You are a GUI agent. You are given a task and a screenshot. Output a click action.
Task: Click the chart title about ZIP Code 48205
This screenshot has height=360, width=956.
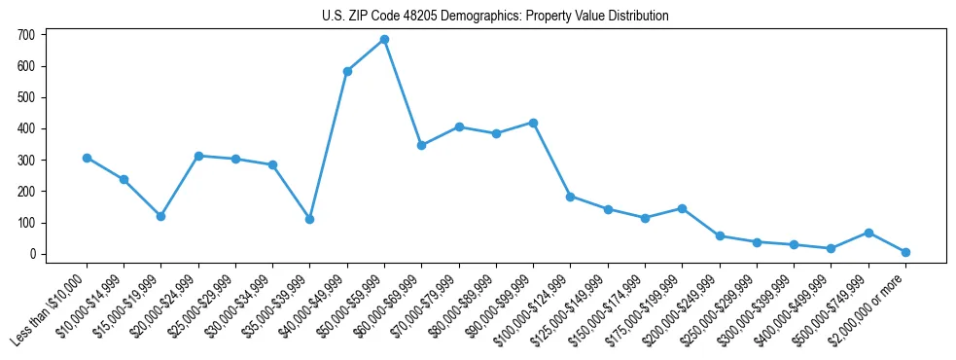[x=495, y=16]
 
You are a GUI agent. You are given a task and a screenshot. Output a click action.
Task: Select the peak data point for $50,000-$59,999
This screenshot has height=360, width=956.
[x=384, y=40]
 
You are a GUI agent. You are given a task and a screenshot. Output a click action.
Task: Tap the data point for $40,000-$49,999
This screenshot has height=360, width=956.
[x=347, y=71]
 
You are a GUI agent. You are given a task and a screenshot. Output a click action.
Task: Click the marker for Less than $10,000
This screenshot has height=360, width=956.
[x=87, y=158]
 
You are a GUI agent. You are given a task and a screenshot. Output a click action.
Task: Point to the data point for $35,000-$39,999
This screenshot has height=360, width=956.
[x=309, y=219]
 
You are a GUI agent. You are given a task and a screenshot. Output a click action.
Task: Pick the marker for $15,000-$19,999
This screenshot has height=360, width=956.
[x=160, y=216]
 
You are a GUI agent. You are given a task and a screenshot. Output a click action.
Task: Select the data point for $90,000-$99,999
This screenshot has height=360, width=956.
[x=533, y=123]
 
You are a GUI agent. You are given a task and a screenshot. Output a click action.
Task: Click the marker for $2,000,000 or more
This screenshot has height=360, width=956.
[x=905, y=252]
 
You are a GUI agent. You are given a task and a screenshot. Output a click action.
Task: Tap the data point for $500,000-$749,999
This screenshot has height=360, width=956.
[x=868, y=233]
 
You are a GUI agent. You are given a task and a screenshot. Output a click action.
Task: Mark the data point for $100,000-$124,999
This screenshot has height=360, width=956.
[x=570, y=197]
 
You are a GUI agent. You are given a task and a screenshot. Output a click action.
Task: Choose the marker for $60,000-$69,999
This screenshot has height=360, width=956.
[x=421, y=145]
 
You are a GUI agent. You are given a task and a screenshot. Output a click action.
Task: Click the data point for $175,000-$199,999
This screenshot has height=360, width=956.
[x=682, y=208]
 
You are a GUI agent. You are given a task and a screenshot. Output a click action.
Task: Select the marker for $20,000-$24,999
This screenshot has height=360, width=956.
[x=198, y=156]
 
